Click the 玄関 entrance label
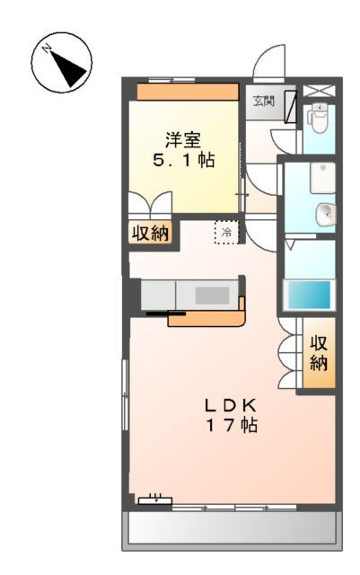[x=262, y=101]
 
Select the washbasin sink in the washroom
[x=324, y=214]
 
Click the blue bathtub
[x=308, y=295]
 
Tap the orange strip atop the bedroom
[x=188, y=91]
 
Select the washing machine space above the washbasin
[x=320, y=178]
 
